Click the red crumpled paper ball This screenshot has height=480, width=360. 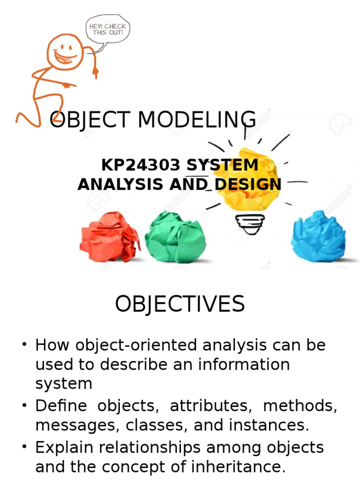(110, 237)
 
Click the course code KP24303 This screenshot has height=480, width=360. (141, 165)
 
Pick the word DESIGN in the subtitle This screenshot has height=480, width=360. (247, 184)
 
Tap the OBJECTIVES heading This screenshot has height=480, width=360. (180, 304)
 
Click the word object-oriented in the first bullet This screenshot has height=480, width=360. (131, 345)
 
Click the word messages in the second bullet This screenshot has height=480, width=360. (68, 426)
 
